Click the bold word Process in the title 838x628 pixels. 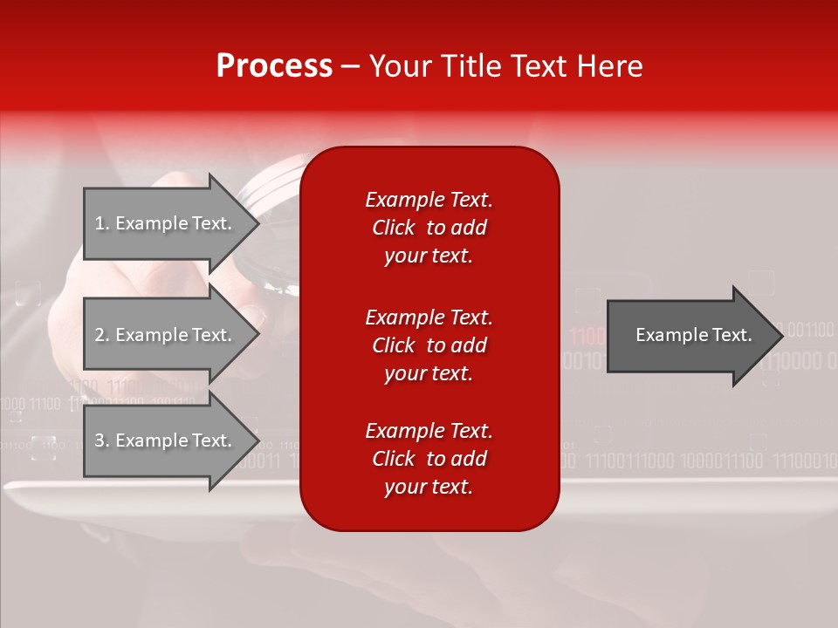(274, 66)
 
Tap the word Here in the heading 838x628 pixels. (608, 66)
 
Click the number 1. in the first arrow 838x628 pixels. (102, 223)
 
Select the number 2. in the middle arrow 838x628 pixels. (102, 335)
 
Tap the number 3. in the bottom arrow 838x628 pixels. (102, 440)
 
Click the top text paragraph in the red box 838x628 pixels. (429, 228)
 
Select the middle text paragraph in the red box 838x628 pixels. (429, 345)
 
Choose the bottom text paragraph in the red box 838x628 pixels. (429, 459)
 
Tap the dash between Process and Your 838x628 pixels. (350, 67)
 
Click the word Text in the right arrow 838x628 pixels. (732, 335)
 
